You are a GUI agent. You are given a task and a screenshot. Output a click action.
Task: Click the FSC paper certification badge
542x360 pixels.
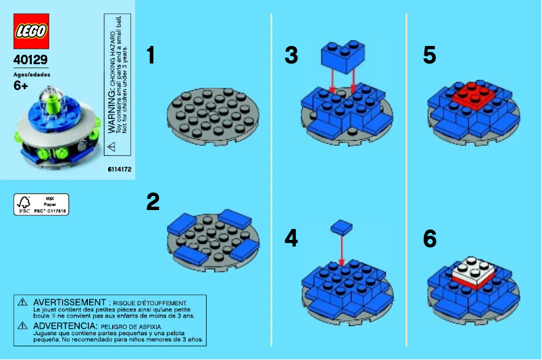pos(41,204)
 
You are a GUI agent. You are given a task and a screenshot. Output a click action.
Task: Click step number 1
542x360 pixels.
pos(151,56)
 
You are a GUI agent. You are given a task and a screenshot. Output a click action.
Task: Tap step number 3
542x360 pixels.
pos(291,56)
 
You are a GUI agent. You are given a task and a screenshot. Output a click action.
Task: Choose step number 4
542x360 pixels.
pos(291,238)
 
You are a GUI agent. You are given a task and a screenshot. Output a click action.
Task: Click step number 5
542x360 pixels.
pos(429,56)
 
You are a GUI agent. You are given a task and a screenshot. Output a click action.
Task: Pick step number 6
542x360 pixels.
pos(429,238)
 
